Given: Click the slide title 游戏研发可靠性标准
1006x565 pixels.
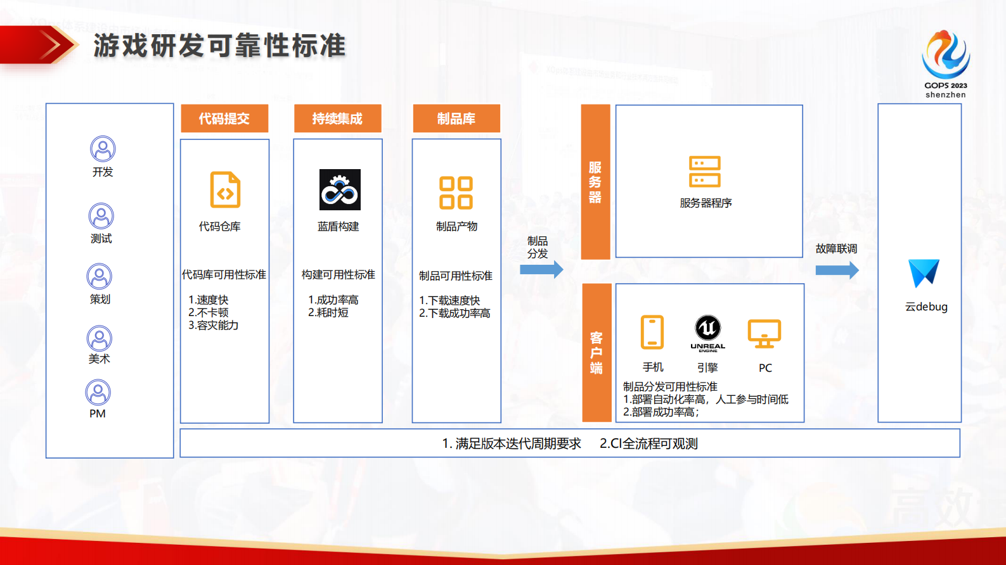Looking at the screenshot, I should [x=219, y=46].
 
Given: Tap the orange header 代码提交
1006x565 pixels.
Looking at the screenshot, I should [x=224, y=118].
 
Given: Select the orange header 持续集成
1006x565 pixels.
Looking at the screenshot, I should [x=337, y=118].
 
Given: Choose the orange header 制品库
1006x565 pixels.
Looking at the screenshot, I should [x=456, y=118].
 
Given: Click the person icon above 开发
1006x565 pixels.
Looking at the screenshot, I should [x=103, y=149].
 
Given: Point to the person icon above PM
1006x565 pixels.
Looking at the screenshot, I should [x=98, y=392].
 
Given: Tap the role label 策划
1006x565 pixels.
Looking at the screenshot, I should [x=100, y=299].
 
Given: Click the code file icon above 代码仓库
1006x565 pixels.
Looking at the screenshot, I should [x=225, y=189].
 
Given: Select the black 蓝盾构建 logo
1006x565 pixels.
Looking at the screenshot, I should [x=340, y=189].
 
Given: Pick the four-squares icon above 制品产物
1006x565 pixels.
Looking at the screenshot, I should [x=456, y=193].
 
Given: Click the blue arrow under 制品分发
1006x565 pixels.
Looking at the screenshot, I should [x=541, y=270].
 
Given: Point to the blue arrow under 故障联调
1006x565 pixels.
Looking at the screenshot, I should [x=837, y=270].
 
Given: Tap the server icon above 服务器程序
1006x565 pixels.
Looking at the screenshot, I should [x=705, y=172].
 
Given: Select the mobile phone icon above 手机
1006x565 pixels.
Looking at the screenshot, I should [x=652, y=332].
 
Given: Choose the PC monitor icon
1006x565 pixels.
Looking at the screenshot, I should [x=764, y=333].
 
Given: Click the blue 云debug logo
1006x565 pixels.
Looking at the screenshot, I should [x=924, y=273].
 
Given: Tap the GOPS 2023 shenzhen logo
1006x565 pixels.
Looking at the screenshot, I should [x=945, y=63].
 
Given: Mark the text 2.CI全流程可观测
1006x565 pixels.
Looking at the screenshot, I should [x=648, y=443].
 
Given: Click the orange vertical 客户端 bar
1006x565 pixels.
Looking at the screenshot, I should [x=597, y=352].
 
